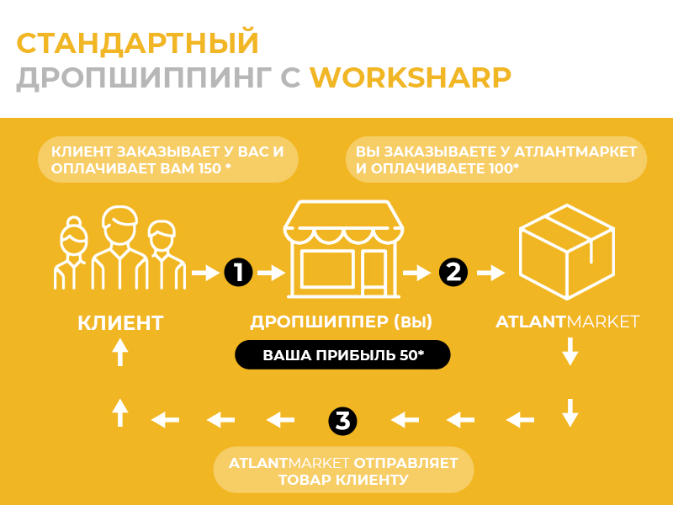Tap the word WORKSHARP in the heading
411,77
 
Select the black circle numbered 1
239,272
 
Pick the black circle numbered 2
453,272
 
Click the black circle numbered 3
342,420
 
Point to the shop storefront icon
343,249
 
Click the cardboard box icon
566,252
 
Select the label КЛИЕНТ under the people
120,323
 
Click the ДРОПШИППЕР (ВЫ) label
342,322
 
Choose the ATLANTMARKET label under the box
567,322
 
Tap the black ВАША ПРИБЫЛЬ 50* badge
342,354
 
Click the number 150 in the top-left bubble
209,168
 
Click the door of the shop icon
374,273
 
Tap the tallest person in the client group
119,247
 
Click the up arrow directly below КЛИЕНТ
120,352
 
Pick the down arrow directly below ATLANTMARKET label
570,351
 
